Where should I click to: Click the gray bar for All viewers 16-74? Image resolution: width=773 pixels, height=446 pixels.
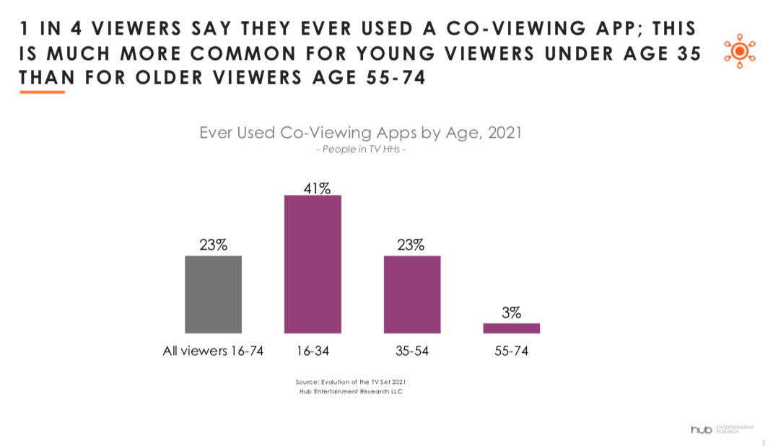(x=213, y=294)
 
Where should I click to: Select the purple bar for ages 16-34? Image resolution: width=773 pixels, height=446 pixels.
(x=313, y=264)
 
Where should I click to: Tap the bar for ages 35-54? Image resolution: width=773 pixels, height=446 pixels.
(x=411, y=294)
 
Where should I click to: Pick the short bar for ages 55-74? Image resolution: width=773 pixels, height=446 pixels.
(x=511, y=328)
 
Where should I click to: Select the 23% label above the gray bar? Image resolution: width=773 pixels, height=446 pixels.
(x=214, y=245)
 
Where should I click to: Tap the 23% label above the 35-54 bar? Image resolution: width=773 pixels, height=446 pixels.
(x=411, y=245)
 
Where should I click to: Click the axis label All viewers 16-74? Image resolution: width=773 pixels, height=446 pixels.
(x=212, y=351)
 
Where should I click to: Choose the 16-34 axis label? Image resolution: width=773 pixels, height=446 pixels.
(x=313, y=351)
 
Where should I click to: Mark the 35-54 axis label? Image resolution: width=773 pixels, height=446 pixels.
(x=412, y=351)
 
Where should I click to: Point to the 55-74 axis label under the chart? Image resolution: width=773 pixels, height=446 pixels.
(x=512, y=351)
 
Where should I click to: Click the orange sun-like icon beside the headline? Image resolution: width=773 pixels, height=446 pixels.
(x=739, y=51)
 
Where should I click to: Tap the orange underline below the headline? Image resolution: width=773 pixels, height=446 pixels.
(x=43, y=92)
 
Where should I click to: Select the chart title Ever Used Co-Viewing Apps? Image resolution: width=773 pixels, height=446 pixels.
(x=359, y=134)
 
